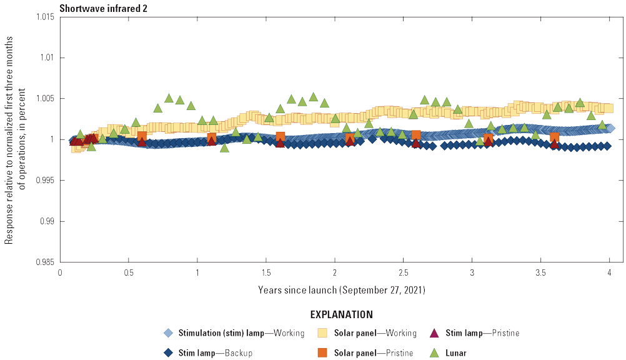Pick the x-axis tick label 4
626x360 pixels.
(609, 273)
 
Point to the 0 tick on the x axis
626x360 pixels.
(60, 273)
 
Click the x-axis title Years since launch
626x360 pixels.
(335, 291)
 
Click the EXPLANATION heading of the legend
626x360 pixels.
(334, 314)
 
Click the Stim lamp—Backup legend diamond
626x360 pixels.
(167, 352)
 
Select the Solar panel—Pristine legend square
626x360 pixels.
(323, 352)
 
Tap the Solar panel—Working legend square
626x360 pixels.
(323, 332)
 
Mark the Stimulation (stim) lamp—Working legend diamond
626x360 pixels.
(167, 332)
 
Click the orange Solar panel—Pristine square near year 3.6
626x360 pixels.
(554, 137)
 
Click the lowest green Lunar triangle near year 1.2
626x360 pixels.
(224, 148)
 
